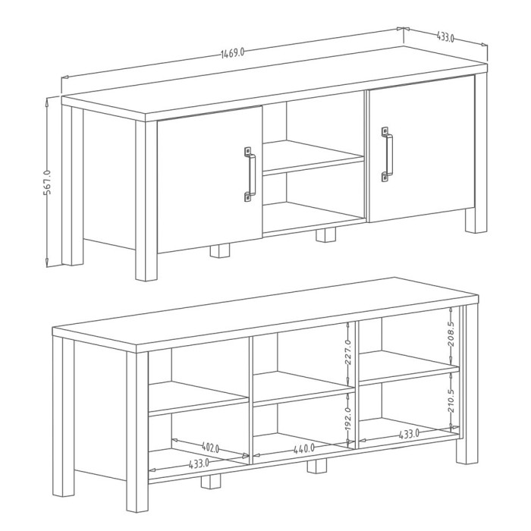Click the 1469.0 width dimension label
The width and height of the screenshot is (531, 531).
(x=233, y=52)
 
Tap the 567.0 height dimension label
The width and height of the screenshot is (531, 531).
(x=47, y=182)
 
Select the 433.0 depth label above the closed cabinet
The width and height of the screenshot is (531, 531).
(x=445, y=37)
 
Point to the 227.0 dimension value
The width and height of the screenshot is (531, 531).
(x=348, y=351)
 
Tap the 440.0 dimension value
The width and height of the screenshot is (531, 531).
(x=303, y=449)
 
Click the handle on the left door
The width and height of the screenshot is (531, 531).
(x=250, y=174)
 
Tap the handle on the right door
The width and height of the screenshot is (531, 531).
(x=388, y=156)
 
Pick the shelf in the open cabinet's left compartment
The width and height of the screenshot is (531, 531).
(x=199, y=400)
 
